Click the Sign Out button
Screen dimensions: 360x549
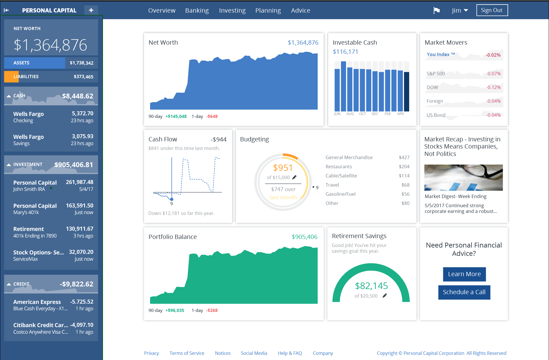[492, 10]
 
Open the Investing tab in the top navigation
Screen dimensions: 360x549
[232, 11]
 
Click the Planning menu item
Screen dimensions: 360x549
[268, 11]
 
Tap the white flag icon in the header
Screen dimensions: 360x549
[436, 11]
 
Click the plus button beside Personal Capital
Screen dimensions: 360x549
[91, 10]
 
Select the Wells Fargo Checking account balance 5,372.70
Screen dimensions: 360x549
[82, 114]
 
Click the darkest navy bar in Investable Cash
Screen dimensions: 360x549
[406, 92]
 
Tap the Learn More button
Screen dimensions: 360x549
[464, 274]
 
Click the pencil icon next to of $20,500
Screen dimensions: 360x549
[385, 296]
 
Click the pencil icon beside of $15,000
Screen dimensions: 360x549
[295, 177]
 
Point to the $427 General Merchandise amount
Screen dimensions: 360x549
[404, 157]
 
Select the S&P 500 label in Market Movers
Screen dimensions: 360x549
[435, 74]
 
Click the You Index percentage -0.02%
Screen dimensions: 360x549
[493, 55]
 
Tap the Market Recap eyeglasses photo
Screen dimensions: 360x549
[463, 177]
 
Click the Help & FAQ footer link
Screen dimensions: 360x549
[290, 353]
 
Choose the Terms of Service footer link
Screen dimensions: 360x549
[187, 353]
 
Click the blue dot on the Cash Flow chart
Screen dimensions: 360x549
[172, 199]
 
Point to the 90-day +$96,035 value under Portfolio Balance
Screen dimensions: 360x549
[175, 310]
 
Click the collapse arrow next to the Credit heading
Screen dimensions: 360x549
[9, 284]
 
